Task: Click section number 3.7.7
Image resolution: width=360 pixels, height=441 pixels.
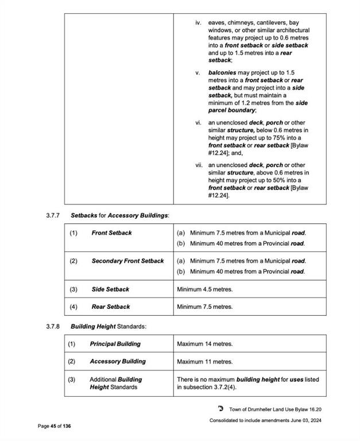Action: click(53, 215)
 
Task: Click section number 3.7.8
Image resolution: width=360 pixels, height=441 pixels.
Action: click(53, 326)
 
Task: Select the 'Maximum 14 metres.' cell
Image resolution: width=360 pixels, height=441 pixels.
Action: click(205, 344)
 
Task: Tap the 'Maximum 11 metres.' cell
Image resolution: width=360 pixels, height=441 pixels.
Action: click(205, 362)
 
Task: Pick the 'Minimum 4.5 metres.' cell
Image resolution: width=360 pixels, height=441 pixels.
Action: click(205, 289)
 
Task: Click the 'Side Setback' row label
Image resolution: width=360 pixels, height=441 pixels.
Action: click(110, 289)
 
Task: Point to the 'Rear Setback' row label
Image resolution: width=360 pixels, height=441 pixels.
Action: click(110, 307)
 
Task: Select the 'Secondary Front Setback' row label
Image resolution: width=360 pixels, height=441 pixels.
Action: click(127, 261)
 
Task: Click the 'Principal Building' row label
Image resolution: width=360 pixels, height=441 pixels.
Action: click(115, 344)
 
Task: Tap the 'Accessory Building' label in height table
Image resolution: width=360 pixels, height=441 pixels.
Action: click(118, 362)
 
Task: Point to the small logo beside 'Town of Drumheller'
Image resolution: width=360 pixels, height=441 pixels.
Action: click(220, 409)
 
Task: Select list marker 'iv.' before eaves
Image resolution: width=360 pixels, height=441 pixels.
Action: click(198, 23)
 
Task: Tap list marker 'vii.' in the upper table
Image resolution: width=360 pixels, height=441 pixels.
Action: click(198, 165)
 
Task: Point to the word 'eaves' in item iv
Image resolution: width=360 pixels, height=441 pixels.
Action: click(217, 23)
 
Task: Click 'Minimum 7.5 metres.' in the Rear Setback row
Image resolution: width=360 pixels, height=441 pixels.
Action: click(205, 307)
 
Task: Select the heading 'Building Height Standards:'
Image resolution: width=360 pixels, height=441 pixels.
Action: click(109, 326)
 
